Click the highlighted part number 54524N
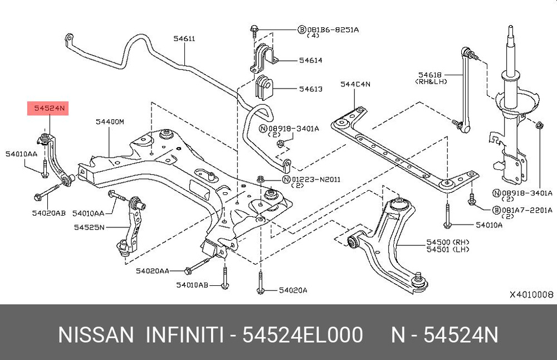coord(48,109)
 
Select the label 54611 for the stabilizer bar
coord(184,39)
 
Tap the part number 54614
coord(310,60)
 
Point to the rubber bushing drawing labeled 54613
coord(263,87)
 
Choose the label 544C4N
coord(355,84)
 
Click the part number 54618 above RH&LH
coord(430,74)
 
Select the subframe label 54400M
coord(109,121)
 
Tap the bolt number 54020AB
coord(48,213)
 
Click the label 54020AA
coord(152,271)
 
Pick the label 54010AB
coord(192,285)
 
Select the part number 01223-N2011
coord(315,179)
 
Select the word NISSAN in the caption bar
coord(96,335)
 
